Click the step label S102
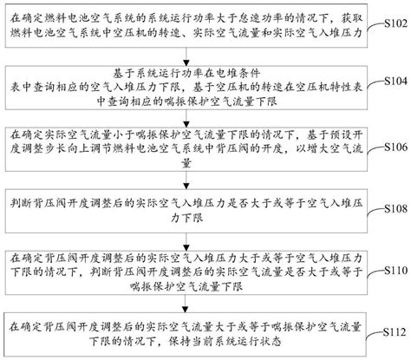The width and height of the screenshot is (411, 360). pos(395,23)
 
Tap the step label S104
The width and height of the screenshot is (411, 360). pos(395,81)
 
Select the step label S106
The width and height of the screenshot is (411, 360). pos(395,147)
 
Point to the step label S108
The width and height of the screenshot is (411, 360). pos(395,208)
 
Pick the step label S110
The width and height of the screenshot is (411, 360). pos(395,271)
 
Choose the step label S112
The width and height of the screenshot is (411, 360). pos(395,332)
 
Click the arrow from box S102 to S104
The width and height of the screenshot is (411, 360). pos(186,56)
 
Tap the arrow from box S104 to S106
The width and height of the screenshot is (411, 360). pos(186,118)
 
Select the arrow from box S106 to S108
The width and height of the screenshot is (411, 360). pos(186,180)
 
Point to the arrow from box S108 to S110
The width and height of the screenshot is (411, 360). pos(186,242)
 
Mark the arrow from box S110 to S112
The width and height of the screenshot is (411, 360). pos(186,304)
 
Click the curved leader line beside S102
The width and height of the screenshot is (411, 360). pos(375,26)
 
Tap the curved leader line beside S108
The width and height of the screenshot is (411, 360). pos(375,211)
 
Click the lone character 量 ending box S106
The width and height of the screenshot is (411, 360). pos(186,163)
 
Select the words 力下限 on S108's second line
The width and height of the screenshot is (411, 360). pos(186,218)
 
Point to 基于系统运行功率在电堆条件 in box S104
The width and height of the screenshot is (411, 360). pos(186,74)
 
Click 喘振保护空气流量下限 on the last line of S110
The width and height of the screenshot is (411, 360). pos(186,286)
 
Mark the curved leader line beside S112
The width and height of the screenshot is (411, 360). pos(375,336)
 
